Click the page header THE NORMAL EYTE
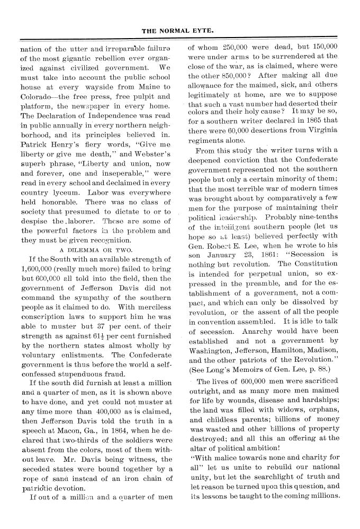[180, 31]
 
